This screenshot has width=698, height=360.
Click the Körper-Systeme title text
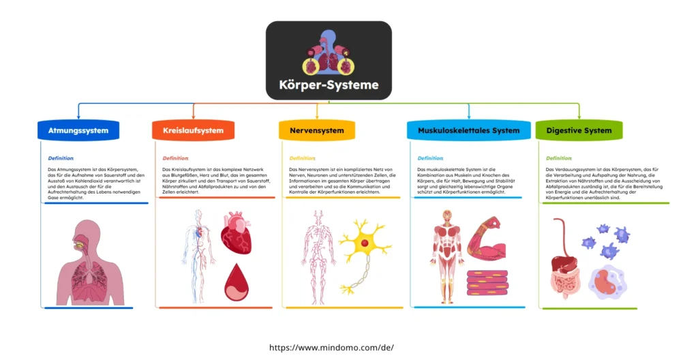tap(329, 86)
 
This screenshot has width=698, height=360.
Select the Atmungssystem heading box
tap(78, 130)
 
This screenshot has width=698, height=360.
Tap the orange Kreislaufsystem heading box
tap(193, 130)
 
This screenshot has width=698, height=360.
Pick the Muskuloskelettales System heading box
tap(468, 130)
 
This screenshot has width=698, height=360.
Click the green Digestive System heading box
tap(579, 130)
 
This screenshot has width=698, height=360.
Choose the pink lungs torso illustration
tap(91, 262)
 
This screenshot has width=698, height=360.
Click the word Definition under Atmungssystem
tap(61, 158)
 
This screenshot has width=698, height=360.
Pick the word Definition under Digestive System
tap(559, 158)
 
